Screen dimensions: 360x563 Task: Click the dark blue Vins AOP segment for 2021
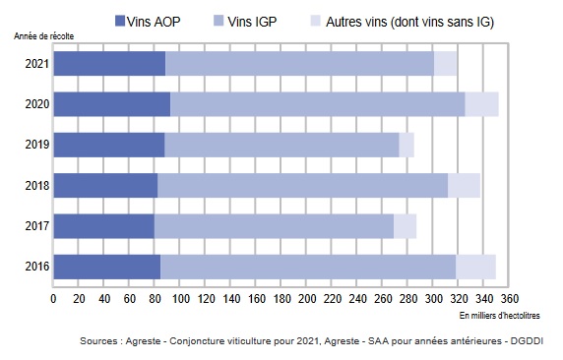coord(109,63)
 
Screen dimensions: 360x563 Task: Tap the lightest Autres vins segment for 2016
coord(475,266)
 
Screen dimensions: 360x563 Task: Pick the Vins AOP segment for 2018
coord(105,185)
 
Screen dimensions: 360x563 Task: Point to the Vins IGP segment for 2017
coord(274,225)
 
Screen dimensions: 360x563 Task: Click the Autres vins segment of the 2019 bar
coord(407,145)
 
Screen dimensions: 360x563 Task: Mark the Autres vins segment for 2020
coord(481,103)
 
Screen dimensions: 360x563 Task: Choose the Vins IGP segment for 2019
coord(281,145)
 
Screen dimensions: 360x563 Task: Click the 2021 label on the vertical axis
coord(36,63)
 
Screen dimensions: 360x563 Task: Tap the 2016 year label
coord(36,266)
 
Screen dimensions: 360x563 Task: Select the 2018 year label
coord(36,185)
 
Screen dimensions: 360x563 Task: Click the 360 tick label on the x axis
coord(509,298)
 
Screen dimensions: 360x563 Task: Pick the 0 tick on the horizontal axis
coord(53,298)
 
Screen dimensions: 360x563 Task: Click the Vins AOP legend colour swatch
coord(120,20)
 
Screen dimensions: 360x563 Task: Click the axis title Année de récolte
coord(45,35)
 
